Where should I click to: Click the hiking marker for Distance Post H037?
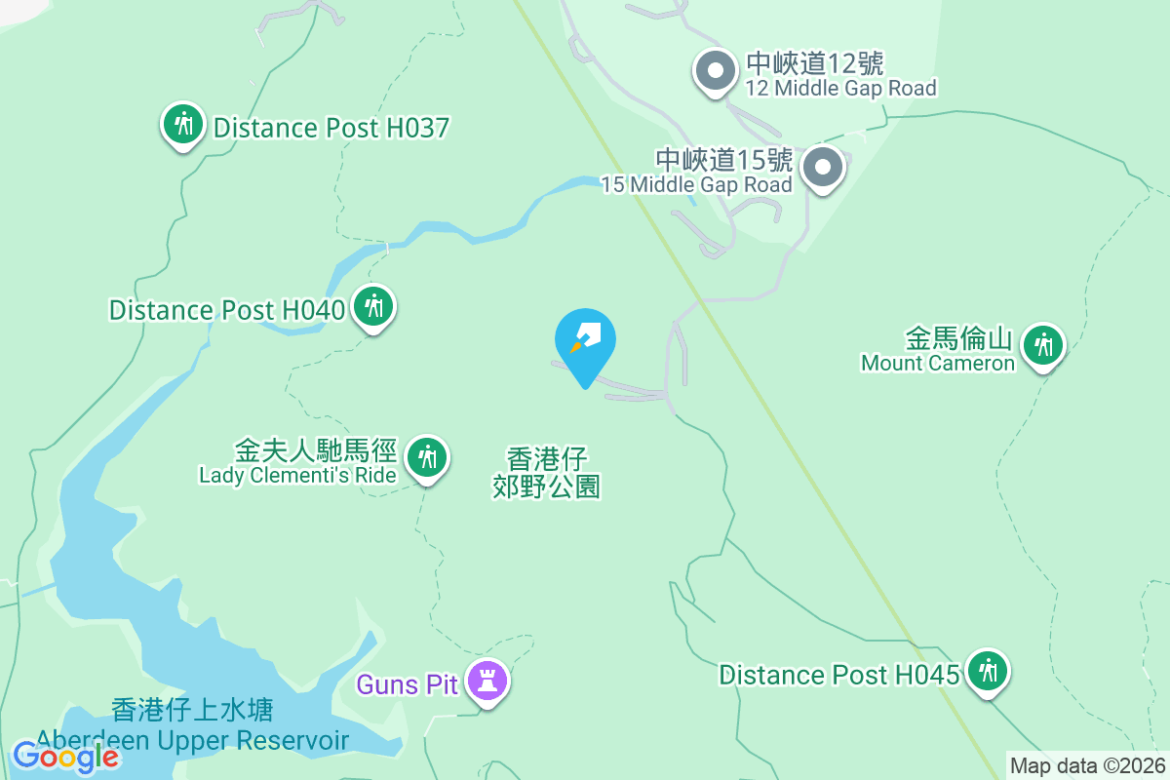(x=182, y=125)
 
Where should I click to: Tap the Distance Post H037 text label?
(x=331, y=128)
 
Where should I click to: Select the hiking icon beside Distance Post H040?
(x=372, y=306)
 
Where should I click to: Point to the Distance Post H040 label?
(x=227, y=310)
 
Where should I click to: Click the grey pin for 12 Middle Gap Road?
(x=716, y=71)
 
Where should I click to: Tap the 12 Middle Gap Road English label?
(x=841, y=89)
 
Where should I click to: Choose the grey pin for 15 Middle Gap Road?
(x=823, y=168)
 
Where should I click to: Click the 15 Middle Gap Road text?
(x=696, y=184)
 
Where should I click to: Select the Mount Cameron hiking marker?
(x=1043, y=344)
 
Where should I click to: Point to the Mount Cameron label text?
(x=938, y=364)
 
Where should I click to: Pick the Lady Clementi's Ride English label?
(x=297, y=476)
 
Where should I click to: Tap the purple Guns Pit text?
(x=407, y=684)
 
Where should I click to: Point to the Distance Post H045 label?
(x=839, y=675)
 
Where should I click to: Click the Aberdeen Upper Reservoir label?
(x=192, y=741)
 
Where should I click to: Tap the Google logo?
(x=65, y=757)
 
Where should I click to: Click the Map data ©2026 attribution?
(x=1087, y=765)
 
